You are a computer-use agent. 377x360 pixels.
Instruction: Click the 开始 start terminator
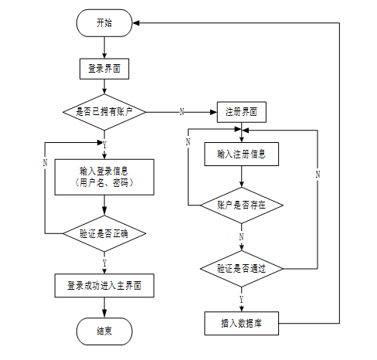(x=104, y=23)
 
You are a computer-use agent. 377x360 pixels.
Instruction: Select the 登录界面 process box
(x=104, y=69)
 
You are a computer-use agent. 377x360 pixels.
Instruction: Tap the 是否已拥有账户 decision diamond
(x=104, y=112)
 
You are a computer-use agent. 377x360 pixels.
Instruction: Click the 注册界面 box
(x=242, y=112)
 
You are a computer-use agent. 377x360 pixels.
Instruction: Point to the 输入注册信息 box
(x=242, y=154)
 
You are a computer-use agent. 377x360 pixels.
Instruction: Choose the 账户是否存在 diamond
(x=242, y=205)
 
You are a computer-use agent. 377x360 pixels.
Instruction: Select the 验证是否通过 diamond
(x=242, y=269)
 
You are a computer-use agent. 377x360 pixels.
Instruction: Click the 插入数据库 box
(x=242, y=324)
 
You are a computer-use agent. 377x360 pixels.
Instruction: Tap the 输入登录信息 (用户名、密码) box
(x=104, y=177)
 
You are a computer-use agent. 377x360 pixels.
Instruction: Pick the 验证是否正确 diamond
(x=104, y=233)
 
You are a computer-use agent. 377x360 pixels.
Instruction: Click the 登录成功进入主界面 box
(x=104, y=286)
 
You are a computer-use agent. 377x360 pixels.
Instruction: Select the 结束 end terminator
(x=104, y=331)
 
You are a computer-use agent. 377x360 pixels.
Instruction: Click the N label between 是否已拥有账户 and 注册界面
(x=182, y=112)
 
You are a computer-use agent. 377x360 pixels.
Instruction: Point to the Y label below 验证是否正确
(x=104, y=263)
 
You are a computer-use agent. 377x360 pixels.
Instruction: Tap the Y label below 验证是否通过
(x=241, y=300)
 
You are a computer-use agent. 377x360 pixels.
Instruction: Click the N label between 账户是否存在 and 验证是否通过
(x=241, y=237)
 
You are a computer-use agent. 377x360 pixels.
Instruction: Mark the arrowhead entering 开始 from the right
(x=136, y=23)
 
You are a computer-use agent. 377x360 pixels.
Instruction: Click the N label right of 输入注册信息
(x=318, y=175)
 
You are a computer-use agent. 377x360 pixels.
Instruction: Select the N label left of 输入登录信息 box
(x=46, y=162)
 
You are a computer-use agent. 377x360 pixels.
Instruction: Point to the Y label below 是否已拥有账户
(x=104, y=145)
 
